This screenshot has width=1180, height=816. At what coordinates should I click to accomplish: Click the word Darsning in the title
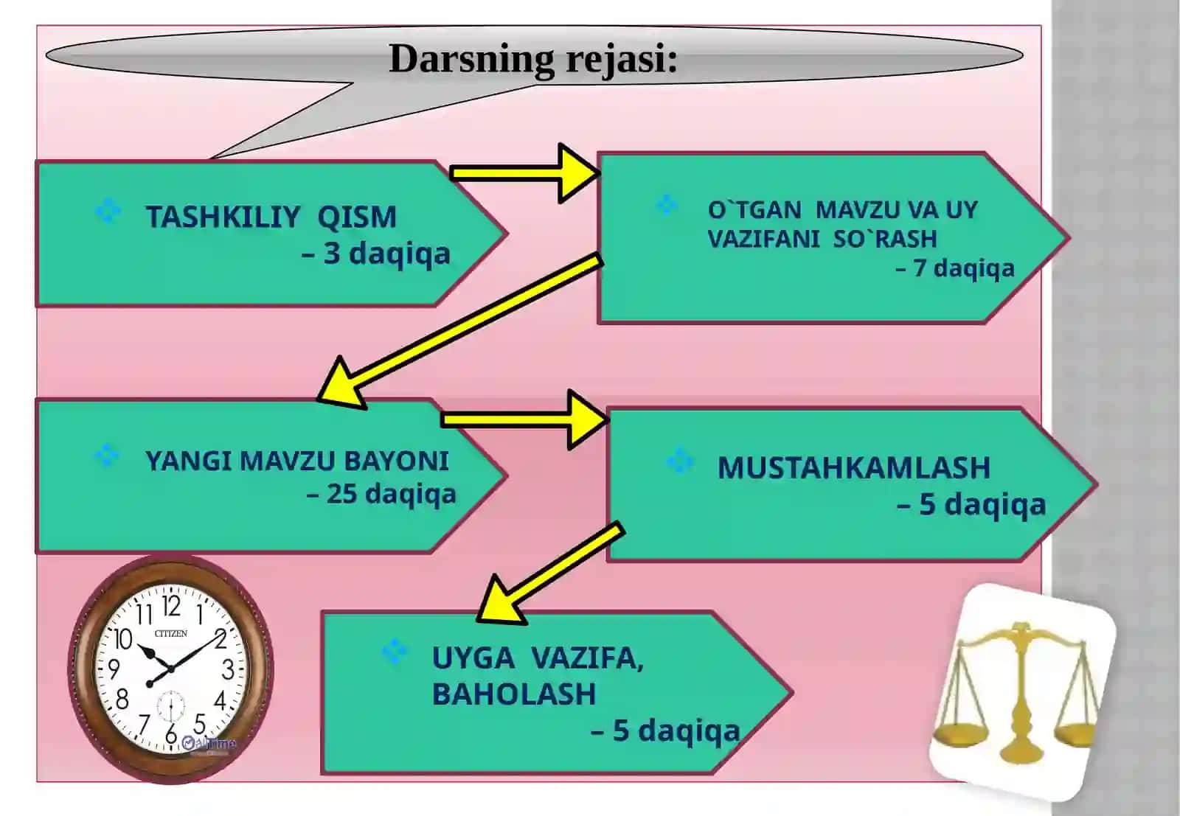(471, 60)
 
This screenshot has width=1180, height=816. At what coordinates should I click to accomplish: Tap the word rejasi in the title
(617, 60)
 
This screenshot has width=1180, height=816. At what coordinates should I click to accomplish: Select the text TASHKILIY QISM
(271, 217)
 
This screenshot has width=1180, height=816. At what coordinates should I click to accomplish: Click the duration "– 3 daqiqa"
(376, 254)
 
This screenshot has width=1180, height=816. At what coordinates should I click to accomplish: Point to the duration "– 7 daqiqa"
(955, 268)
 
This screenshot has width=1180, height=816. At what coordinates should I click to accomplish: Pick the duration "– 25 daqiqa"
(381, 495)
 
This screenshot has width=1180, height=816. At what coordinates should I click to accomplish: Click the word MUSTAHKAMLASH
(854, 467)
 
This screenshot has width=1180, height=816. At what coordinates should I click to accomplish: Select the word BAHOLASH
(514, 694)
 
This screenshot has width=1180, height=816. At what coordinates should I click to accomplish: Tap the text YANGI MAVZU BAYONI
(297, 461)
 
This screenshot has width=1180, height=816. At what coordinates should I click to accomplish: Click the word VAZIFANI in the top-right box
(764, 239)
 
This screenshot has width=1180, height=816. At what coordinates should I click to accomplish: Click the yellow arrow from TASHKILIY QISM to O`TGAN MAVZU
(525, 173)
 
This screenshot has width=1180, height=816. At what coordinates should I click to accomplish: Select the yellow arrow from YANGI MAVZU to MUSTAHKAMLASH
(525, 419)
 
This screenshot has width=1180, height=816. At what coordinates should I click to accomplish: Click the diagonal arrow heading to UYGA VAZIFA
(550, 573)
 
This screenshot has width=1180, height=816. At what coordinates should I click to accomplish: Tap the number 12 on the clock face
(171, 606)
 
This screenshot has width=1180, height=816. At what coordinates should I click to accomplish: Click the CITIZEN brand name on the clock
(170, 633)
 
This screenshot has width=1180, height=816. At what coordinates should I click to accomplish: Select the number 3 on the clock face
(228, 670)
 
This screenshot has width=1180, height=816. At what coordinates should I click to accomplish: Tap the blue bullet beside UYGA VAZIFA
(394, 652)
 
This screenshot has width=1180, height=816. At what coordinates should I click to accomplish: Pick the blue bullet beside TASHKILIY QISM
(108, 212)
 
